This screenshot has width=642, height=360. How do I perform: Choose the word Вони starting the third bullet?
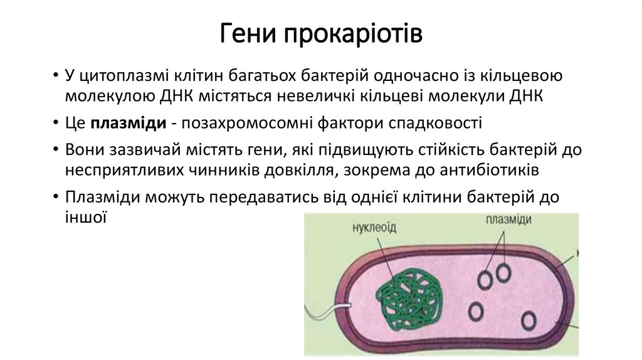(83, 151)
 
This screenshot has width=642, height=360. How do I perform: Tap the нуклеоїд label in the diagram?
(374, 227)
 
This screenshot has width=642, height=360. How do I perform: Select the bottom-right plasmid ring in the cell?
(529, 320)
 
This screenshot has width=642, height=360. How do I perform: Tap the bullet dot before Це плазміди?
(56, 123)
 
